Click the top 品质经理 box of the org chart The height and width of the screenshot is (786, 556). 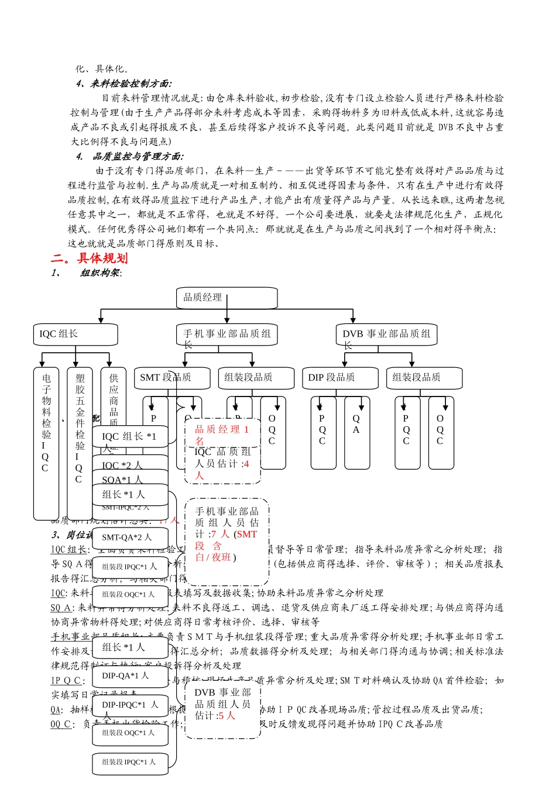coord(226,298)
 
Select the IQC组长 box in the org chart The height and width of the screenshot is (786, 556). coord(75,334)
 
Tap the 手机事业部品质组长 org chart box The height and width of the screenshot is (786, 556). coord(226,335)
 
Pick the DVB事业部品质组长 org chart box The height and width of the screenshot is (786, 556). coord(386,335)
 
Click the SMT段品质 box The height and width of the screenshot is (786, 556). coord(172,378)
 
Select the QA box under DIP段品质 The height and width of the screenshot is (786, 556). coord(356,433)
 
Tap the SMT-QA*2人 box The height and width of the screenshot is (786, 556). coord(130,537)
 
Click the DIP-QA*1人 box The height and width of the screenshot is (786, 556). coord(130,675)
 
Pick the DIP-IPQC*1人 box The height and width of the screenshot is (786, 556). coord(130,705)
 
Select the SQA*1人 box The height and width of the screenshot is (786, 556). coord(130,480)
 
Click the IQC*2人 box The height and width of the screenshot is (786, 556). coord(130,466)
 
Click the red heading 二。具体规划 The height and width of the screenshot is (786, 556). coord(89,258)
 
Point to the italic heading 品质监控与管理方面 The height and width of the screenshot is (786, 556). coord(138,156)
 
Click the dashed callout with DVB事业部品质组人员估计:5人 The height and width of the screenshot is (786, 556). coord(223,704)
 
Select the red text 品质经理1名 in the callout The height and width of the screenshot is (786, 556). coord(221,435)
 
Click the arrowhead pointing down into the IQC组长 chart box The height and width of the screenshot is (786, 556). coord(101,320)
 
